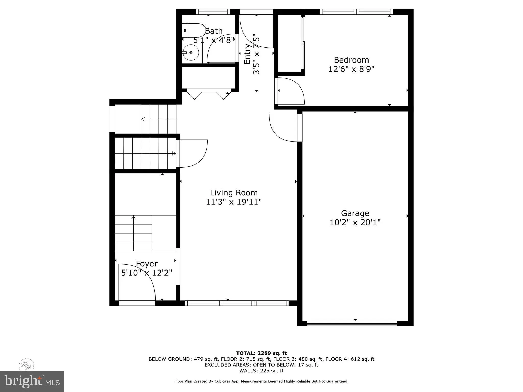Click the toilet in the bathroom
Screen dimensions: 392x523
[x=193, y=30]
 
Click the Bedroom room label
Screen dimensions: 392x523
[x=351, y=60]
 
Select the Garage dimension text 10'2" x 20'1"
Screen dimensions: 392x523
[x=355, y=223]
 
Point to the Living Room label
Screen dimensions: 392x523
[x=234, y=193]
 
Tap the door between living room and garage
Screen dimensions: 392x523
[x=283, y=128]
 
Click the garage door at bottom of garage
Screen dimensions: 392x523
[x=352, y=324]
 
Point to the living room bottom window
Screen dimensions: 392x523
[x=237, y=303]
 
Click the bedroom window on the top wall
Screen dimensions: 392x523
[x=356, y=12]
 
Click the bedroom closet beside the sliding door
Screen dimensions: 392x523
[x=289, y=43]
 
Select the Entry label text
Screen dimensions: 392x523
[x=247, y=54]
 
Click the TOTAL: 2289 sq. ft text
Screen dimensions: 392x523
[x=261, y=353]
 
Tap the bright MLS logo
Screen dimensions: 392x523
[x=32, y=381]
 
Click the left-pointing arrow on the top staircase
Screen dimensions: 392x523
[x=143, y=119]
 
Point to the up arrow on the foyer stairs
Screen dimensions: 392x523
[x=133, y=218]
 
